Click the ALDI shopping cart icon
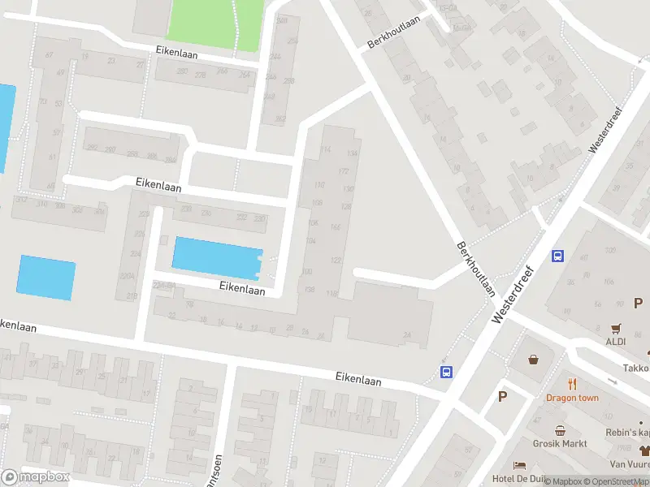(617, 329)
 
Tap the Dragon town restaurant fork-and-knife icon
(573, 383)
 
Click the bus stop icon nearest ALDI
(558, 256)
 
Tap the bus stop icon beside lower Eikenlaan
(446, 373)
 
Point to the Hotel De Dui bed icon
(520, 463)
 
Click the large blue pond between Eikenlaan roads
(216, 257)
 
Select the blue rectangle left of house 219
(46, 277)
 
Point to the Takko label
(636, 367)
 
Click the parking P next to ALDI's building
(639, 304)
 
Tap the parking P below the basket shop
(502, 397)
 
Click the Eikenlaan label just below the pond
(242, 288)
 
